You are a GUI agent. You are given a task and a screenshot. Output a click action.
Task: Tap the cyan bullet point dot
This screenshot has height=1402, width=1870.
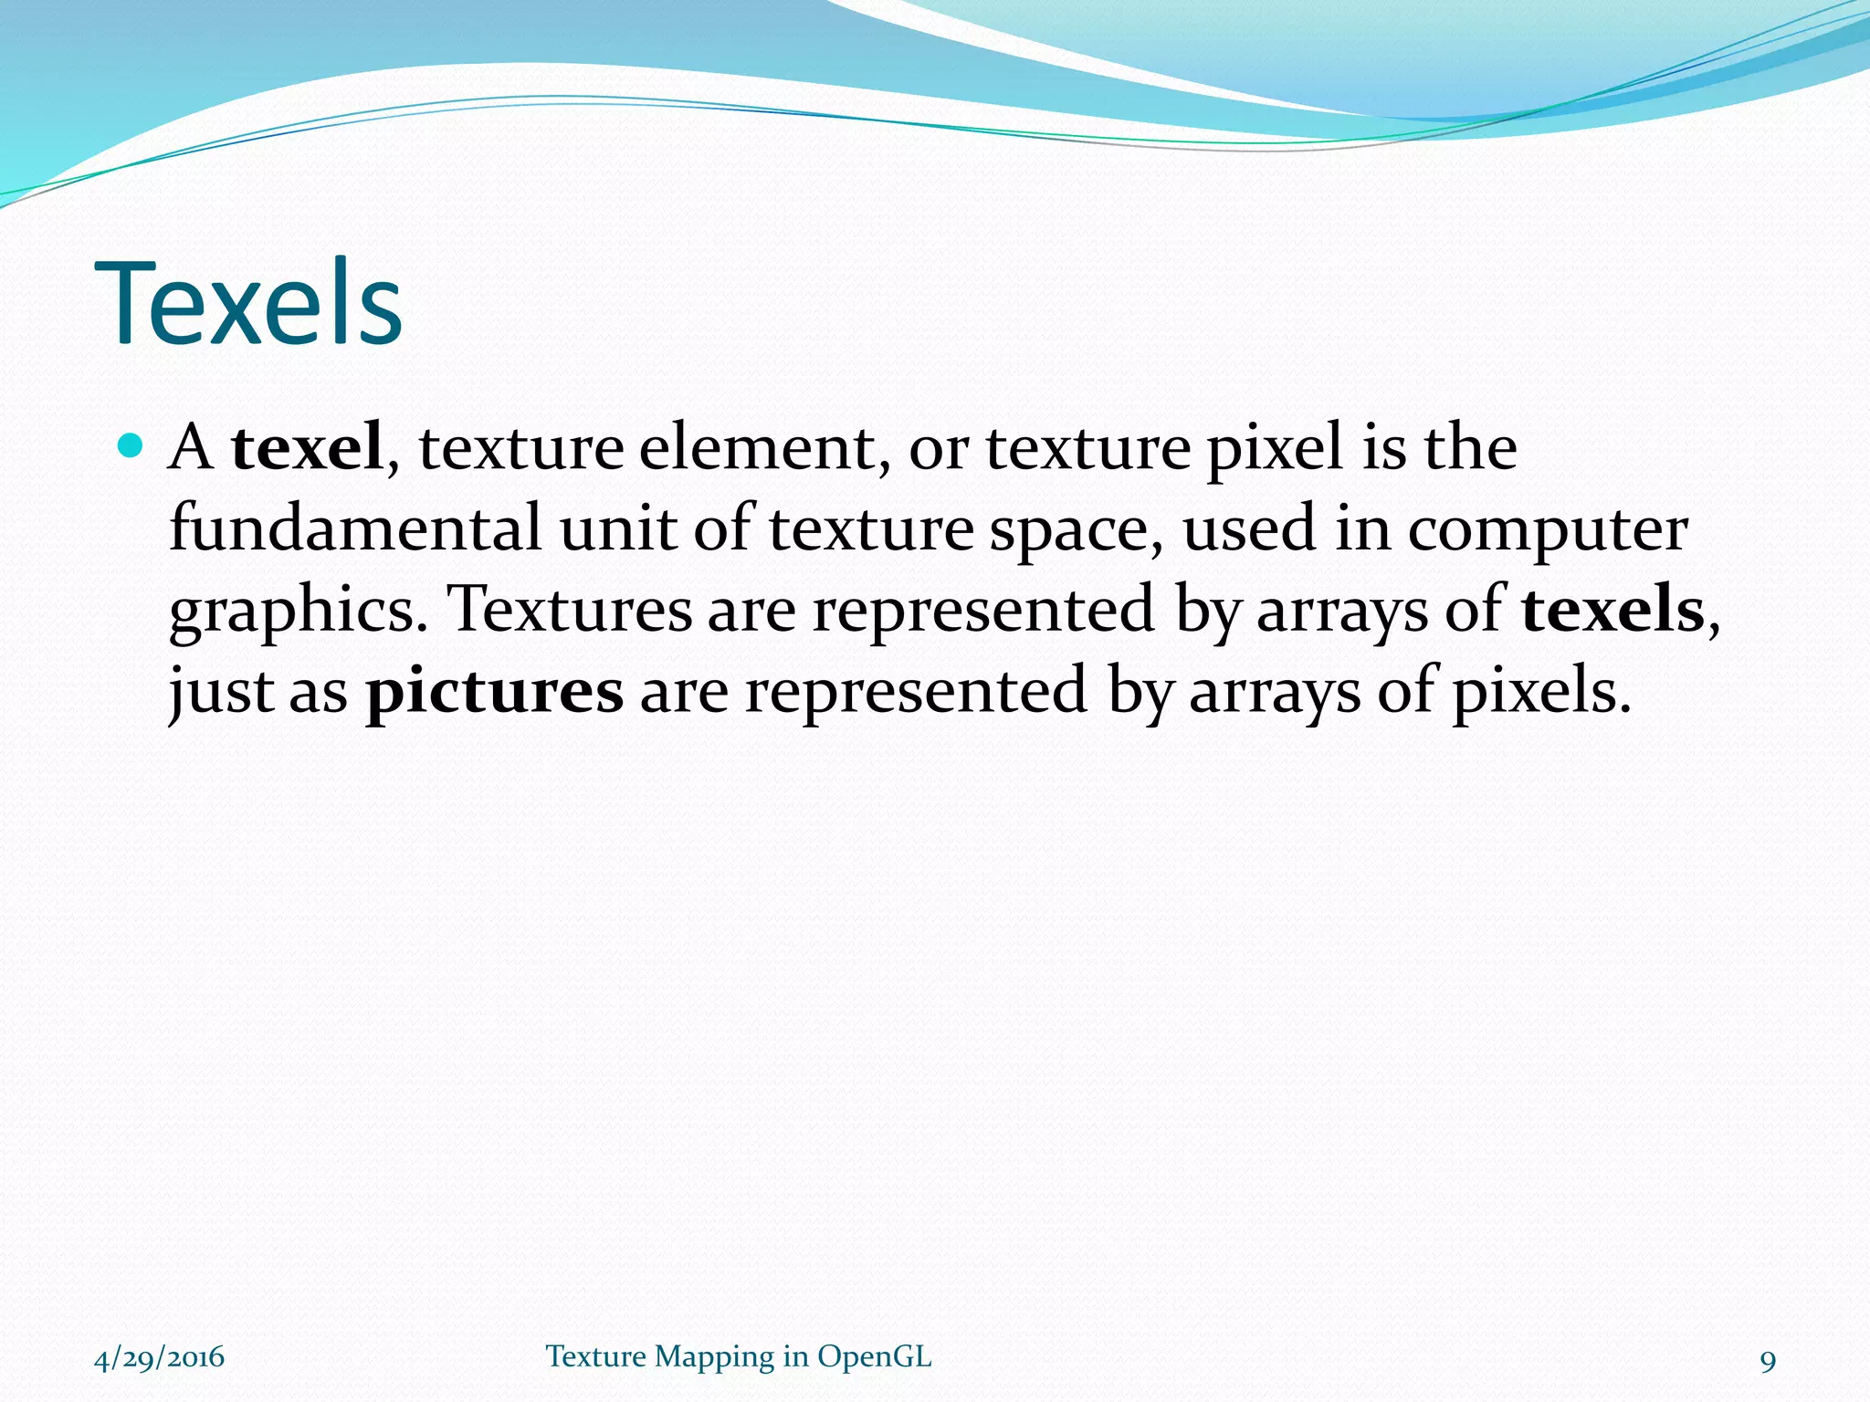(131, 446)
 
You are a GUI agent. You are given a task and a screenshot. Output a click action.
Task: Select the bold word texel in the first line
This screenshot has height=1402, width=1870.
(307, 447)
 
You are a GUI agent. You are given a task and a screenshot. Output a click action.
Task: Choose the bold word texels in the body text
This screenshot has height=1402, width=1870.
(1613, 609)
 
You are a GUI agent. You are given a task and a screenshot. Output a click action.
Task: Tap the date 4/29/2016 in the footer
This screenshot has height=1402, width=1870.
(160, 1357)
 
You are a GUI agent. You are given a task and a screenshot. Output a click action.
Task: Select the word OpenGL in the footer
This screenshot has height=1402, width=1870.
(874, 1357)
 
